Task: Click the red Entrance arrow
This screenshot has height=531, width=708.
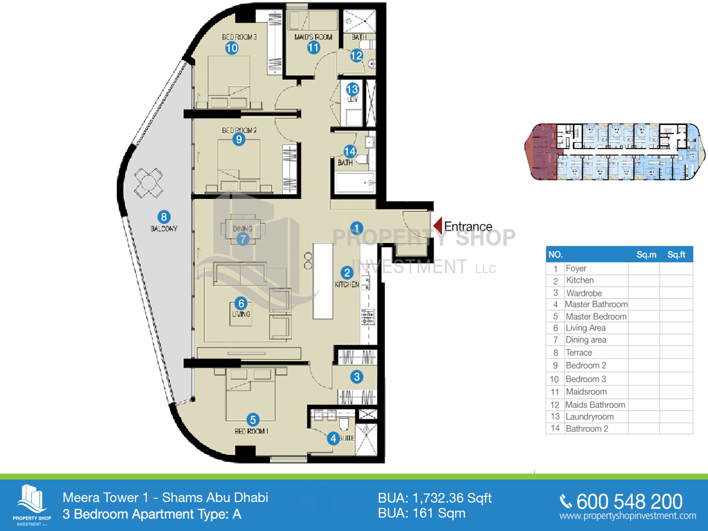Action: pos(438,226)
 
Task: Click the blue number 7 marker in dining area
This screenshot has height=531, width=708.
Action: pos(242,239)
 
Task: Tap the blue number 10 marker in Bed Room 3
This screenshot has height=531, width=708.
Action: pos(231,48)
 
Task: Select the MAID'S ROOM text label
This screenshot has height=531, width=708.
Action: pos(313,37)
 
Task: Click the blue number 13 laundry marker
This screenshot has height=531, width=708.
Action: pos(352,90)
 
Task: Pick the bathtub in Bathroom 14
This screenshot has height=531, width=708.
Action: pos(354,182)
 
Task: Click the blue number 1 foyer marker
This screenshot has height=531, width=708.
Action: pos(356,226)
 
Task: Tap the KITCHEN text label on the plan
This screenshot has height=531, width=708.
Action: pos(347,284)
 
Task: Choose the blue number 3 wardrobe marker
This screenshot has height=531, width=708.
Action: pos(356,376)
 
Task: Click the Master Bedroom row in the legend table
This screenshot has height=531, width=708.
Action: pos(596,316)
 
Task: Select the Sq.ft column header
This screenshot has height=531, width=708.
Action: pos(676,255)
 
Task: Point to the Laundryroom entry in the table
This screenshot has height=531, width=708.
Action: pos(589,417)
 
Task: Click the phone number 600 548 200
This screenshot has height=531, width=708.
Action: pos(629,501)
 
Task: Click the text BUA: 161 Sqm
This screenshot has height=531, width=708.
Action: pos(421,513)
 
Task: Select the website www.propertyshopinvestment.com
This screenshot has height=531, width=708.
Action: pos(628,516)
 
